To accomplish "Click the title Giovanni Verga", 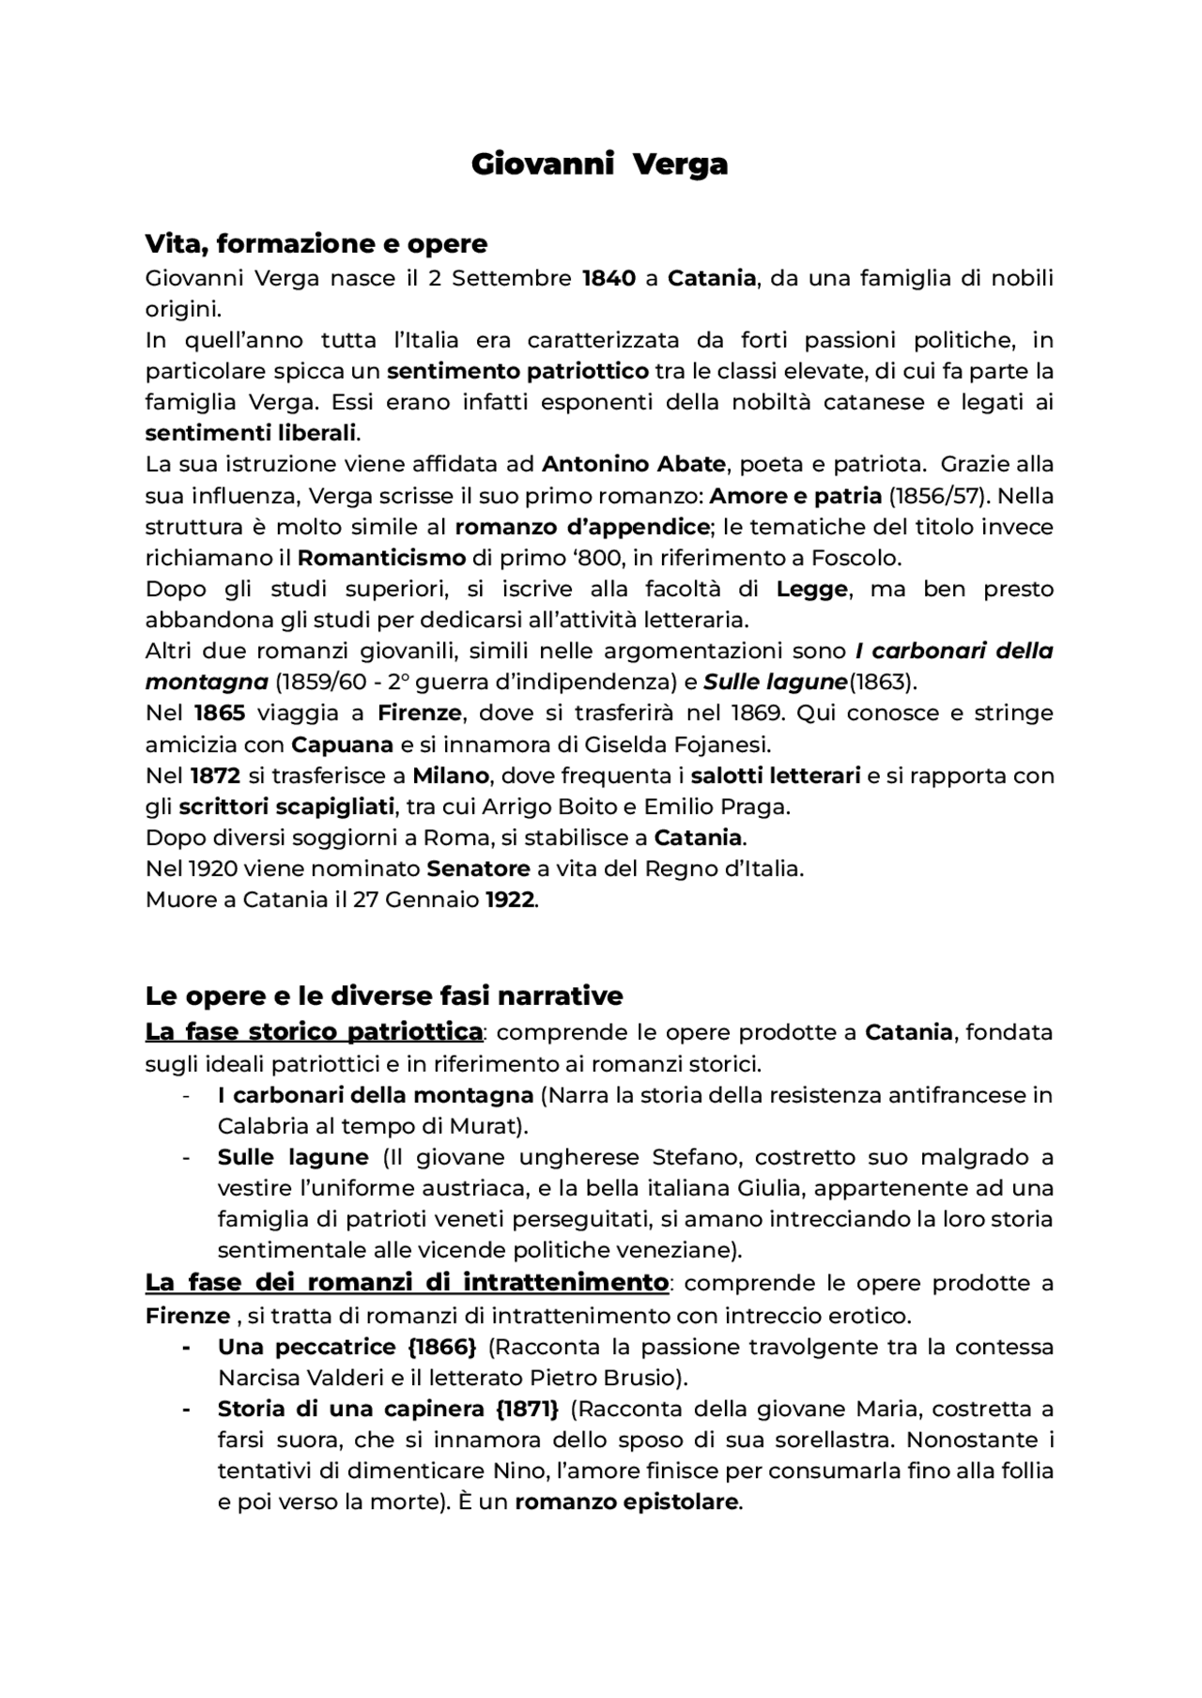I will tap(599, 164).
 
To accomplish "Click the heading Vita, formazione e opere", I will tap(316, 244).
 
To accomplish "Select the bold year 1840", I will tap(609, 278).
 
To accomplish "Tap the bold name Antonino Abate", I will tap(634, 464).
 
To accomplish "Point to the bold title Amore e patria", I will tap(795, 495).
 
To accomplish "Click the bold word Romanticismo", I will tap(381, 558).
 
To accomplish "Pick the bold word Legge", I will tap(811, 589).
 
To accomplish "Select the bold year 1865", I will tap(220, 713).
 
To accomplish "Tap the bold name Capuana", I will tap(342, 745).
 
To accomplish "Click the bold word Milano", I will tap(451, 776).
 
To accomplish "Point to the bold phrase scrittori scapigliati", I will tap(286, 807).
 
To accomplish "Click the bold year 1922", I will tap(511, 900).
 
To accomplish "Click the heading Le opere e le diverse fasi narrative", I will tap(384, 996).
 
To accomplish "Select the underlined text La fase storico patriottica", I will tap(314, 1032).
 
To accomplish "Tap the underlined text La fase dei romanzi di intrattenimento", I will tap(407, 1282).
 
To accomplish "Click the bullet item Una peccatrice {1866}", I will tap(347, 1347).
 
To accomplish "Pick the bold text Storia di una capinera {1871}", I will tap(388, 1409).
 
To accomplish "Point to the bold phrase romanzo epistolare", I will tap(626, 1502).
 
